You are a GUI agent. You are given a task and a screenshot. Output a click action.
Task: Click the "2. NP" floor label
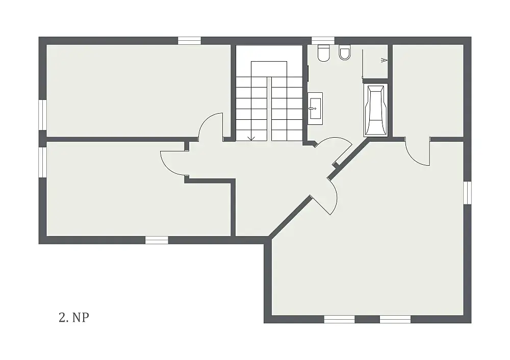coord(74,317)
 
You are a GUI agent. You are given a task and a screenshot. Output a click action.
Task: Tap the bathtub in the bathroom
coord(376,110)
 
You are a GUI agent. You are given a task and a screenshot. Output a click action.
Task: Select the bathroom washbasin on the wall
coord(315,108)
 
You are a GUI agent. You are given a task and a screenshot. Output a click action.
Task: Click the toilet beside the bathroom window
coord(324,53)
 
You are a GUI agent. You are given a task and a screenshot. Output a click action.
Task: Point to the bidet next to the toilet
coord(345,52)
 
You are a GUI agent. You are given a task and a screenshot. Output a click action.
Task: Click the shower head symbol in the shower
coord(384,60)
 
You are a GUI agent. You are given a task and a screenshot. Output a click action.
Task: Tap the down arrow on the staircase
coord(251,138)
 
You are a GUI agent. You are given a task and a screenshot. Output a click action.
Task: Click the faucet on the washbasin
coord(314,108)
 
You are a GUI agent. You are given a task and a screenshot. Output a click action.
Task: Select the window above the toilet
coord(323,40)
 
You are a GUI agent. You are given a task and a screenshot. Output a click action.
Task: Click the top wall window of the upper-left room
coord(189,40)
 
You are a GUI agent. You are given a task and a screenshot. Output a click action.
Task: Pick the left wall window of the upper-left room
coord(43,115)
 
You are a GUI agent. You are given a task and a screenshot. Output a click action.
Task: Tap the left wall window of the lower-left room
coord(43,162)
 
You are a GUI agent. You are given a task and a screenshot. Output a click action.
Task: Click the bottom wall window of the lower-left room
coord(157,240)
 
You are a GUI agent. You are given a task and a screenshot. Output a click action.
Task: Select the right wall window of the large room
coord(467,193)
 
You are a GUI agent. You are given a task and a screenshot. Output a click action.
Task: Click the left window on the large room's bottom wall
coord(339,319)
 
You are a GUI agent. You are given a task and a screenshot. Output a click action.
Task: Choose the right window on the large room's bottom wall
coord(395,319)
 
